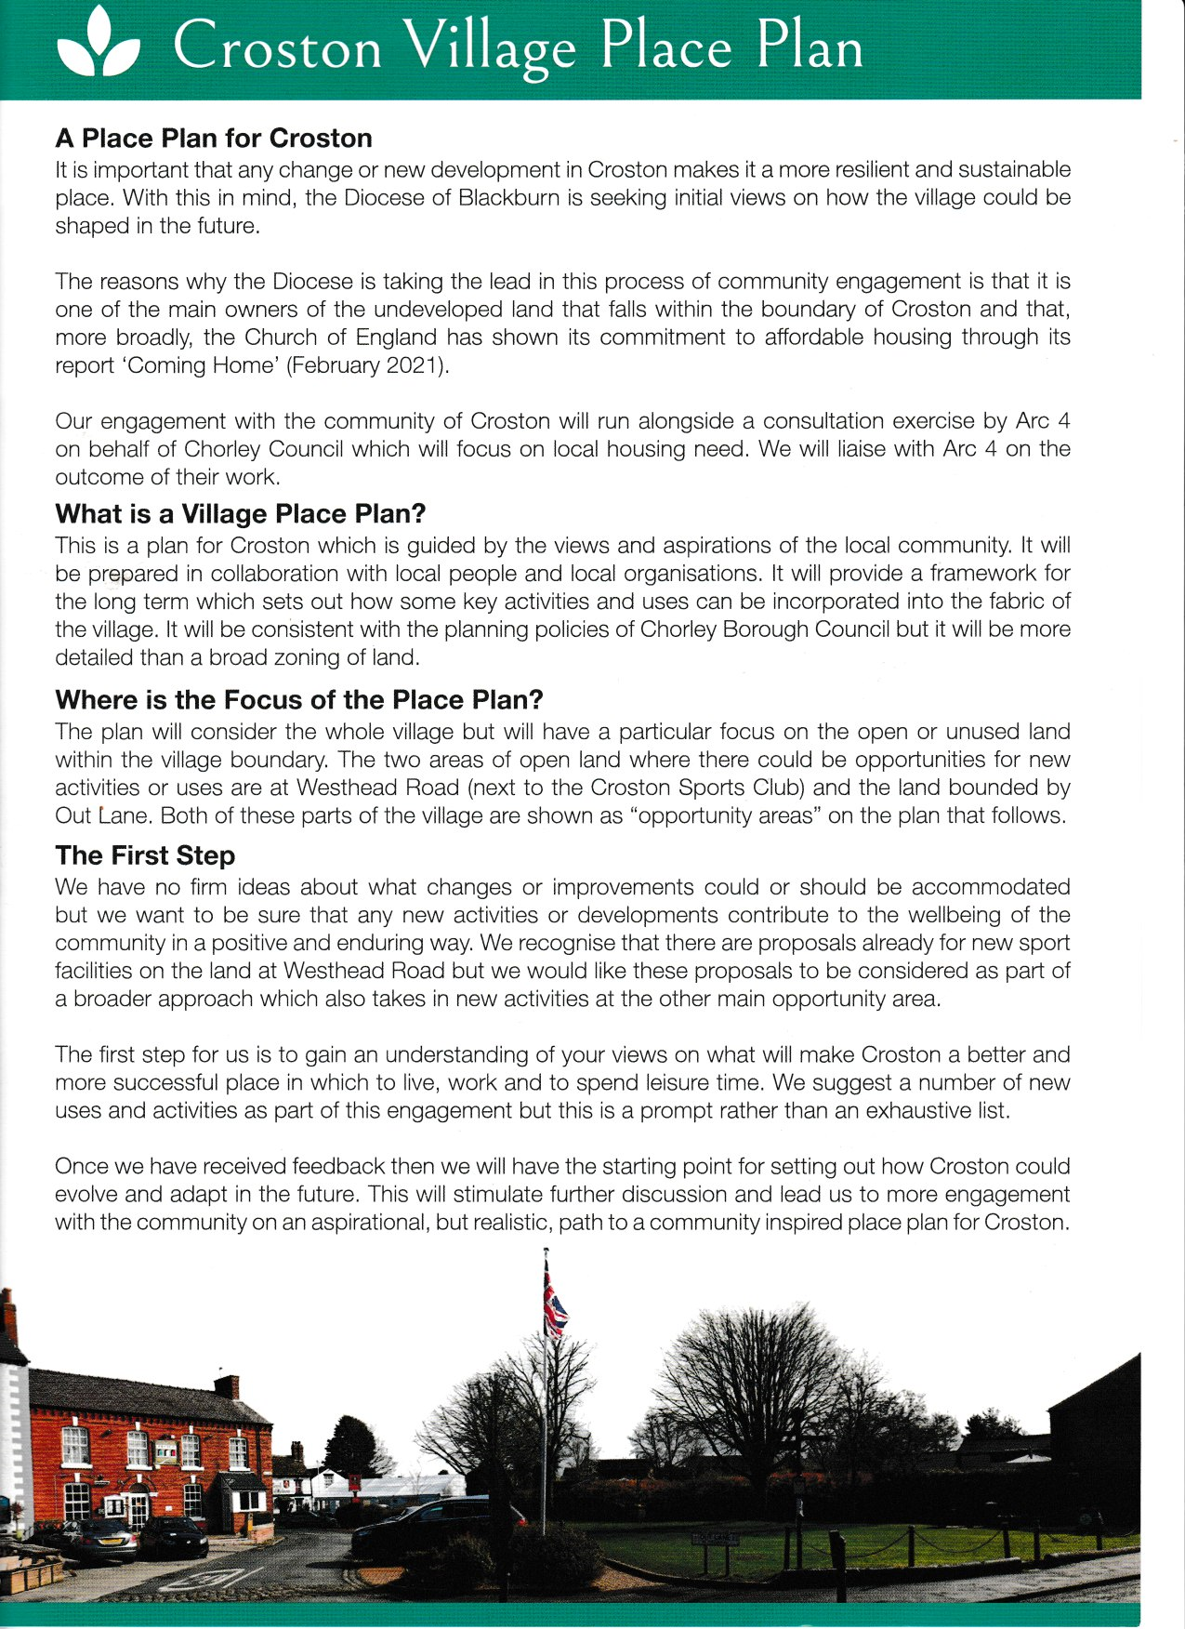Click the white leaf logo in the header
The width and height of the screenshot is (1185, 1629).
coord(98,46)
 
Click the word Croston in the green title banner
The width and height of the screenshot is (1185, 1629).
coord(277,47)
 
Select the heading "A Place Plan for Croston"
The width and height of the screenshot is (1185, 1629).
coord(214,139)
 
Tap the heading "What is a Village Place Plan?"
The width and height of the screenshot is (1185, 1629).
coord(241,514)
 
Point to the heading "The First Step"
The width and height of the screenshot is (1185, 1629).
coord(145,855)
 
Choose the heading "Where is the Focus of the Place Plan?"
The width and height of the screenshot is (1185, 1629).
coord(299,700)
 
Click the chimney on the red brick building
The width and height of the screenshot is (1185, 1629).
coord(227,1386)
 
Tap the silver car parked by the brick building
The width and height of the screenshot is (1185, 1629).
coord(100,1538)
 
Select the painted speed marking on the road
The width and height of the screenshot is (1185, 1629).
coord(200,1578)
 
